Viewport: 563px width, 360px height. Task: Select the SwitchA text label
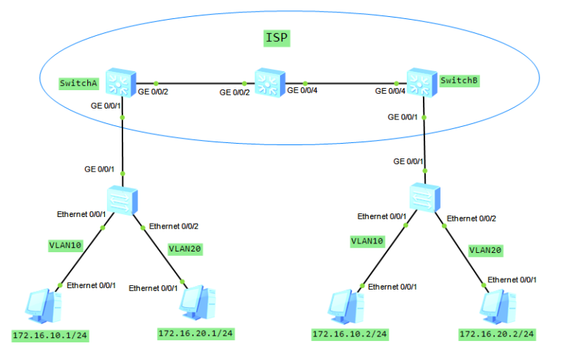pos(79,83)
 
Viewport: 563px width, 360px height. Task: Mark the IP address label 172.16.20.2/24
pos(497,334)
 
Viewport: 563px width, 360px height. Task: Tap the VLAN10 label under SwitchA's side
pos(66,246)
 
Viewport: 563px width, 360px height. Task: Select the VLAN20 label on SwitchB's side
pos(485,250)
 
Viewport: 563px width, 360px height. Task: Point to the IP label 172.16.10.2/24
pos(350,334)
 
